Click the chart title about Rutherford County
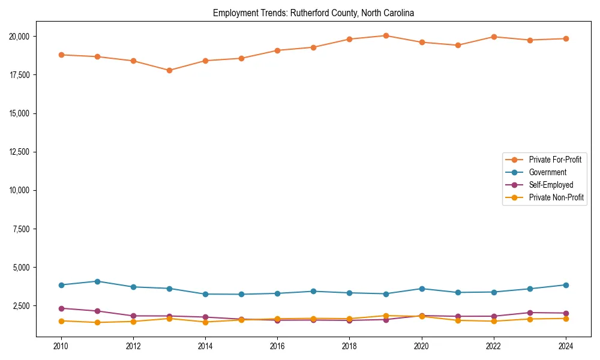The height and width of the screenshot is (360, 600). tap(313, 13)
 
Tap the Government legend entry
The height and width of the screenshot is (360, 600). tap(547, 172)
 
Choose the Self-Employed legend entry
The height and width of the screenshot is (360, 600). tap(551, 185)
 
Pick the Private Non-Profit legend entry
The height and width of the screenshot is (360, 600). tap(556, 197)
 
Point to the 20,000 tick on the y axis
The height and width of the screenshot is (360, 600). tap(22, 37)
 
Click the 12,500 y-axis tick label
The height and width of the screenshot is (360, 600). tap(22, 152)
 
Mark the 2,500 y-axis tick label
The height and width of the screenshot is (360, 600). tap(23, 306)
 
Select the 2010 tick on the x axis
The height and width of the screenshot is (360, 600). tap(61, 346)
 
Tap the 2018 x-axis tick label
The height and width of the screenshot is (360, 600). tap(349, 346)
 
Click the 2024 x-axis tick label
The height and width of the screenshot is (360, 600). tap(566, 346)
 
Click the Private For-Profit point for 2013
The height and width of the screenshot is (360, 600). tap(169, 70)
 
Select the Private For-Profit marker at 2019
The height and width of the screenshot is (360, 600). tap(386, 35)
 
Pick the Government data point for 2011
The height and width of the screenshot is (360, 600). tap(97, 281)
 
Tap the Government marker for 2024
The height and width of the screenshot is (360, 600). tap(566, 285)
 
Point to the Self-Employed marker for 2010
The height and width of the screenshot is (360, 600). tap(61, 308)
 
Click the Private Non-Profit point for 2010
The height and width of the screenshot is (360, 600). tap(61, 321)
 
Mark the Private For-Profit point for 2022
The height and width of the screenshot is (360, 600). tap(494, 37)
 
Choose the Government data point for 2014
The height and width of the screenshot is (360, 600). tap(205, 294)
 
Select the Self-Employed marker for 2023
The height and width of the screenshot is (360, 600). tap(530, 313)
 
